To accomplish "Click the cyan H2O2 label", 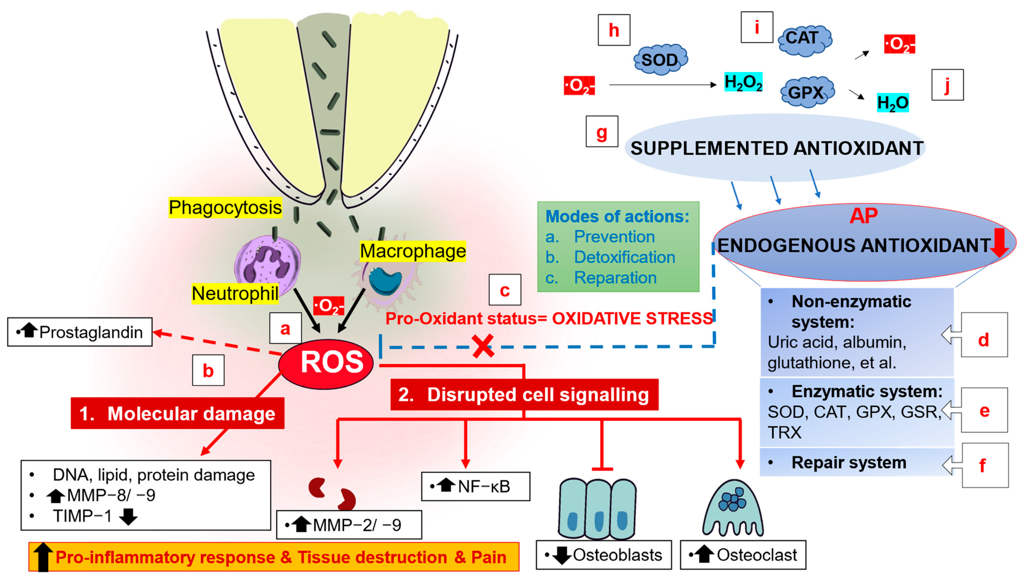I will point(743,82).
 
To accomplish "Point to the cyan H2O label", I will point(892,103).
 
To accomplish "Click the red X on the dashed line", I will point(483,346).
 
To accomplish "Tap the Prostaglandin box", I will point(80,332).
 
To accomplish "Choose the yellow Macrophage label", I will point(413,251).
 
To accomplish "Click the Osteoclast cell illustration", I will point(733,508).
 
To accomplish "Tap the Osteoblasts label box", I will point(604,555).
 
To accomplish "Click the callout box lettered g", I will point(601,132).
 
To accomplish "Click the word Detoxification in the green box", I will point(624,257).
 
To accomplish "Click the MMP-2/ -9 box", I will point(349,525).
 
